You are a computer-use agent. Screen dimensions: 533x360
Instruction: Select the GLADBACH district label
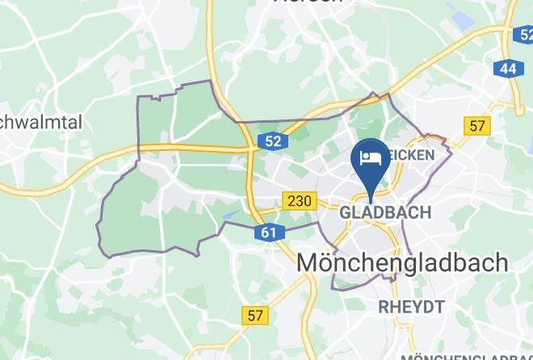386,212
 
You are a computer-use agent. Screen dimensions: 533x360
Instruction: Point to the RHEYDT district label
411,306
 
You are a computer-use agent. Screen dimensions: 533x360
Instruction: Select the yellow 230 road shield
299,199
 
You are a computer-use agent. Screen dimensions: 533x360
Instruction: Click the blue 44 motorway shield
507,69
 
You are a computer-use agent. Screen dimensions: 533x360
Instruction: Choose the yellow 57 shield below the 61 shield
255,316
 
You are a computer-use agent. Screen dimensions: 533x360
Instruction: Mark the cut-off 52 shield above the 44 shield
523,35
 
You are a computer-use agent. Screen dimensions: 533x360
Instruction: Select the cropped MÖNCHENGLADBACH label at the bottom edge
466,356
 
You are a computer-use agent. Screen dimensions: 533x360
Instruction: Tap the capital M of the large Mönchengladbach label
311,262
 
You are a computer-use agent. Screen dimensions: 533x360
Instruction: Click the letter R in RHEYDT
384,306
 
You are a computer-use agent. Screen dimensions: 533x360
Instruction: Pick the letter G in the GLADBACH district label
346,212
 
